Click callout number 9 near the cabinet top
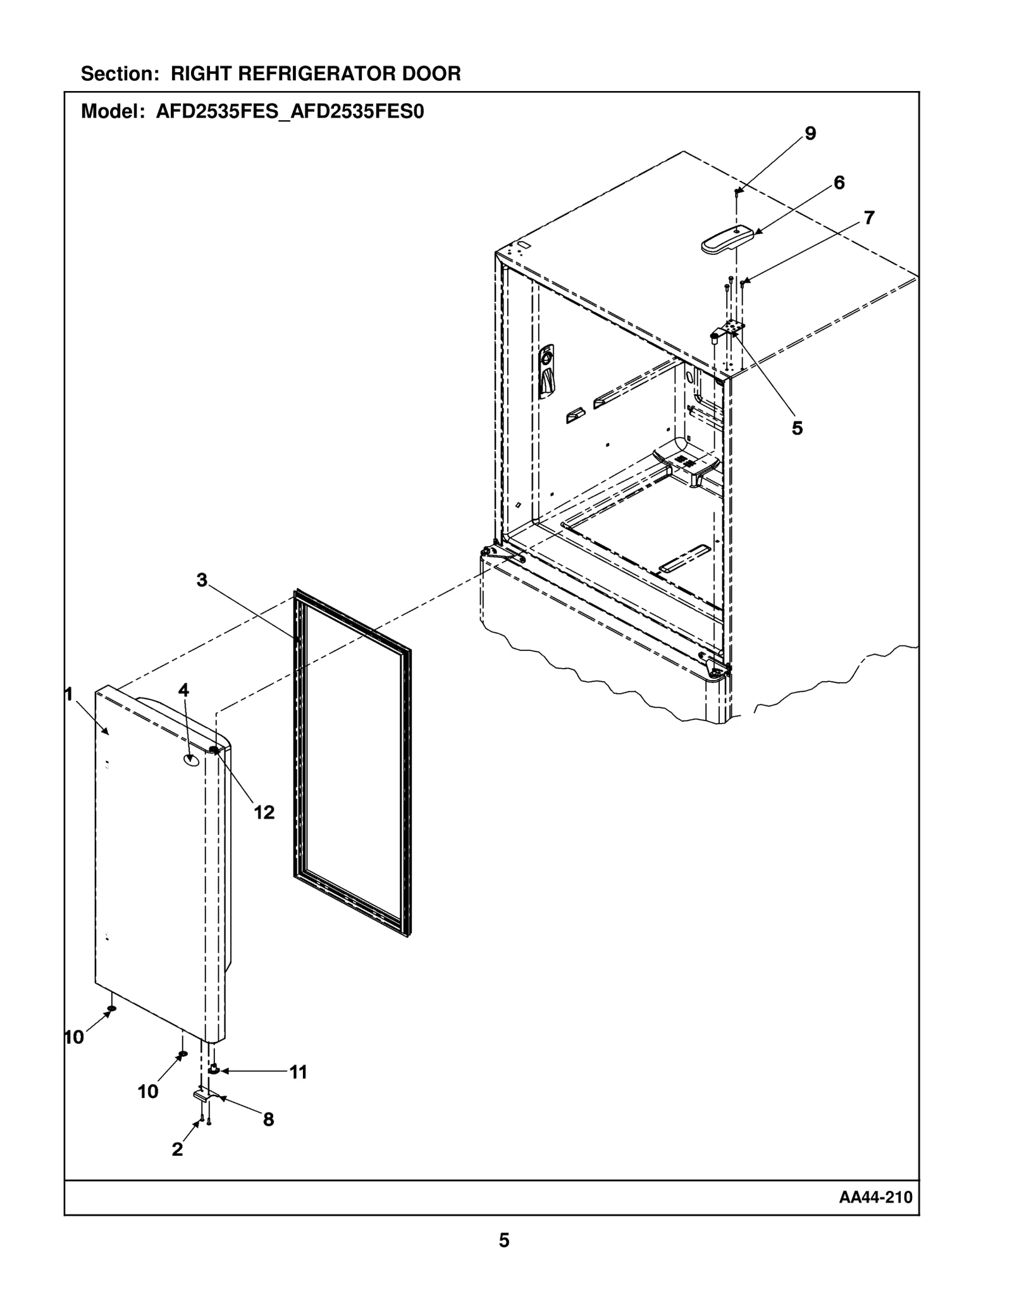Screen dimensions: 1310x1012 click(810, 133)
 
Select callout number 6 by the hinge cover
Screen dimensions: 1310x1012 click(839, 183)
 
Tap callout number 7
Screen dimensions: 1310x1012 click(869, 218)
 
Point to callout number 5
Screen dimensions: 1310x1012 click(797, 428)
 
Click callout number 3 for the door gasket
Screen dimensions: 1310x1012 click(202, 580)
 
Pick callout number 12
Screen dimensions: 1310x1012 click(264, 812)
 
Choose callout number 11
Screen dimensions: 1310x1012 click(298, 1072)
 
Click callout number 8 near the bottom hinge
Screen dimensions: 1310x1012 click(268, 1120)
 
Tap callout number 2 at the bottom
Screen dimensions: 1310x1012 click(177, 1149)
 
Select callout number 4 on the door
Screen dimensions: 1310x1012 click(183, 689)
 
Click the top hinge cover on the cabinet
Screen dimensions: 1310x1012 click(727, 240)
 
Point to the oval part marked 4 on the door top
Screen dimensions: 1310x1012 click(190, 760)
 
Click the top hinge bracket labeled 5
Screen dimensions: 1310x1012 click(730, 329)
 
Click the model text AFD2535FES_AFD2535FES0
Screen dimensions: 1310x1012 click(290, 112)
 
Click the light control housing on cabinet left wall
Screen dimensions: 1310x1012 click(546, 372)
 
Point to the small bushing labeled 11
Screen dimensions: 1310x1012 click(213, 1070)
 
